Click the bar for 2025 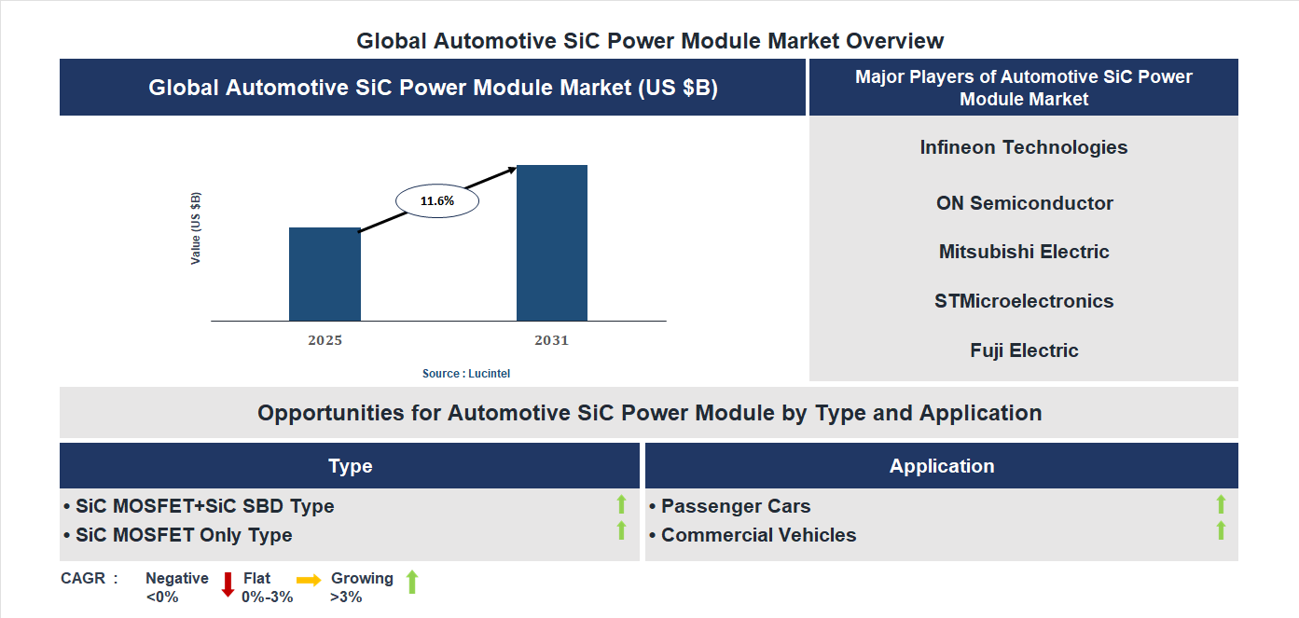pos(325,274)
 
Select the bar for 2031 pos(552,243)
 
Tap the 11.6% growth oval pos(437,200)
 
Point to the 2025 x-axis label pos(325,340)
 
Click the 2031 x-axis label pos(551,340)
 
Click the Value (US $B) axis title pos(196,228)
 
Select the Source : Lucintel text pos(466,373)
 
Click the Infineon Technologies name pos(1023,147)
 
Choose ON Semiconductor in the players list pos(1024,203)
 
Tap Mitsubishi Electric pos(1024,252)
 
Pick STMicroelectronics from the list pos(1024,301)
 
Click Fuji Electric pos(1024,350)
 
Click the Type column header pos(350,466)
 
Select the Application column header pos(941,466)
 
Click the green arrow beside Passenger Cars pos(1221,504)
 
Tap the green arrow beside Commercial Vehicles pos(1221,530)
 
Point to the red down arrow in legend pos(228,585)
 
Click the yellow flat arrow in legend pos(309,579)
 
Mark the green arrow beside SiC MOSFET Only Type pos(621,530)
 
